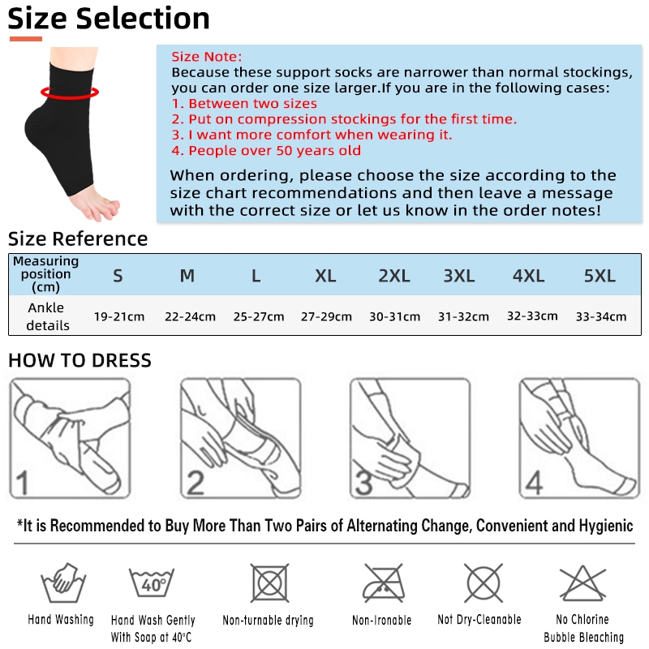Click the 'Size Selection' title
pyautogui.click(x=109, y=19)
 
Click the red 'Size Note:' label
pyautogui.click(x=207, y=56)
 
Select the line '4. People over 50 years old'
pyautogui.click(x=266, y=150)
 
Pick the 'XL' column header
pyautogui.click(x=325, y=276)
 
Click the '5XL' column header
pyautogui.click(x=600, y=276)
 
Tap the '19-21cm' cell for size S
pyautogui.click(x=119, y=316)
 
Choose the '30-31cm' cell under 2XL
pyautogui.click(x=395, y=316)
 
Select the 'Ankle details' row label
pyautogui.click(x=47, y=316)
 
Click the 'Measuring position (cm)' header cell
pyautogui.click(x=45, y=274)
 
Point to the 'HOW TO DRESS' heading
pyautogui.click(x=80, y=360)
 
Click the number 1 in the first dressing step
pyautogui.click(x=22, y=483)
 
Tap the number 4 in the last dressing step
pyautogui.click(x=534, y=483)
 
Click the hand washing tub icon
pyautogui.click(x=63, y=582)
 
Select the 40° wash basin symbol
pyautogui.click(x=152, y=582)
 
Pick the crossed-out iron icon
pyautogui.click(x=383, y=582)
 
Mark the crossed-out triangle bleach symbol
pyautogui.click(x=582, y=583)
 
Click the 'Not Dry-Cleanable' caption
pyautogui.click(x=479, y=619)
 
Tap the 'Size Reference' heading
pyautogui.click(x=78, y=239)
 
